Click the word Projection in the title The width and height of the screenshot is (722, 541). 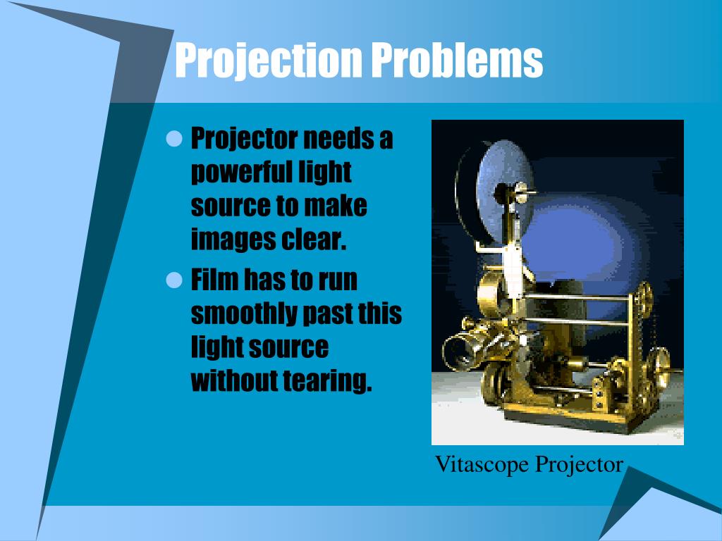tap(269, 61)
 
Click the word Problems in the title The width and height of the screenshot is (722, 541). tap(457, 60)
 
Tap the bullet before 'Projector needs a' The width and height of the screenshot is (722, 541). tap(174, 139)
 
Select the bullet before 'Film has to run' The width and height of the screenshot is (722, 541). tap(174, 280)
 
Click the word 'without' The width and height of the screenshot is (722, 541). tap(233, 381)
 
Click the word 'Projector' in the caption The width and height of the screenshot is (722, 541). tap(579, 465)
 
